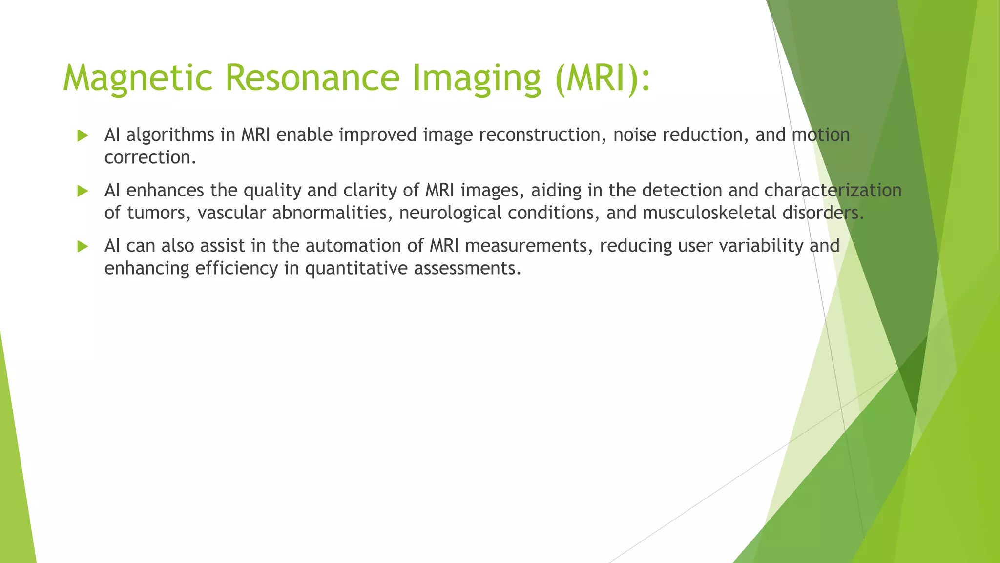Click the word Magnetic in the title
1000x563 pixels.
click(x=138, y=78)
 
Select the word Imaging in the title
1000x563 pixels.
click(x=477, y=78)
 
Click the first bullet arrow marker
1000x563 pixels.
click(x=83, y=136)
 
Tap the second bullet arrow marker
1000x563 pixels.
click(x=83, y=191)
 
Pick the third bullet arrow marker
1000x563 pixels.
click(x=83, y=247)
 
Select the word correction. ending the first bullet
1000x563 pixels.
click(x=150, y=157)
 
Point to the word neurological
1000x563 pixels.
click(x=450, y=213)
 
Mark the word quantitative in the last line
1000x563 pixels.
click(x=356, y=268)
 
